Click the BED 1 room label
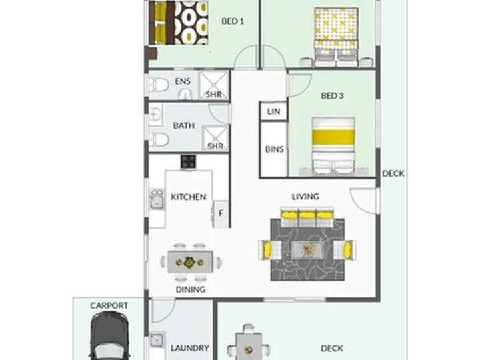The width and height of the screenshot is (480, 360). (233, 21)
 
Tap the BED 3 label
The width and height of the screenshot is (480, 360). (332, 96)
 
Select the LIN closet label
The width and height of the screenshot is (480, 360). (273, 111)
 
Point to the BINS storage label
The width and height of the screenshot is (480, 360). (274, 149)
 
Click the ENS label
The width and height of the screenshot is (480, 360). (183, 81)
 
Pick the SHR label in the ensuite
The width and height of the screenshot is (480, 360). (214, 94)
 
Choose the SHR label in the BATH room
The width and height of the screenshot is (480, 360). (215, 146)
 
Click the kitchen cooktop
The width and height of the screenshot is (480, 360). (188, 161)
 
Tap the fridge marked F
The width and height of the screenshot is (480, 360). (221, 214)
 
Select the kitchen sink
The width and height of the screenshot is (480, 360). (157, 199)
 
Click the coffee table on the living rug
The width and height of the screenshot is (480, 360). (307, 250)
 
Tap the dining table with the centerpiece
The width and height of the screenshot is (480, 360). (190, 262)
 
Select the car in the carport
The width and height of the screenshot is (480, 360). (109, 336)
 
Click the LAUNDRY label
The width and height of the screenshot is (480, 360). (190, 348)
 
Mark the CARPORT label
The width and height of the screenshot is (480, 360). (109, 305)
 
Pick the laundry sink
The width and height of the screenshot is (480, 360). (157, 339)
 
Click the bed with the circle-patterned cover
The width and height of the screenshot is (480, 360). (179, 23)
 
